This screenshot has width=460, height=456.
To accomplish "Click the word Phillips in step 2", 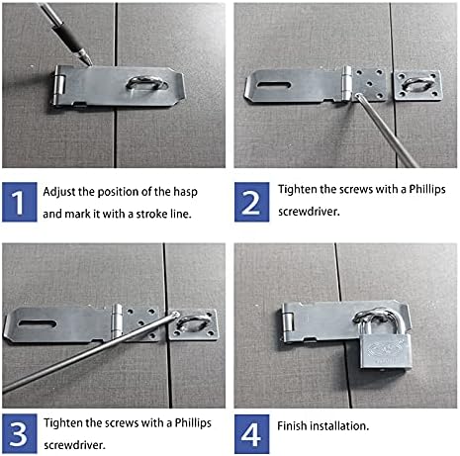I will coord(419,189).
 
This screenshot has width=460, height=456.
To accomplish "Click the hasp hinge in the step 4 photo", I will coord(287,320).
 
